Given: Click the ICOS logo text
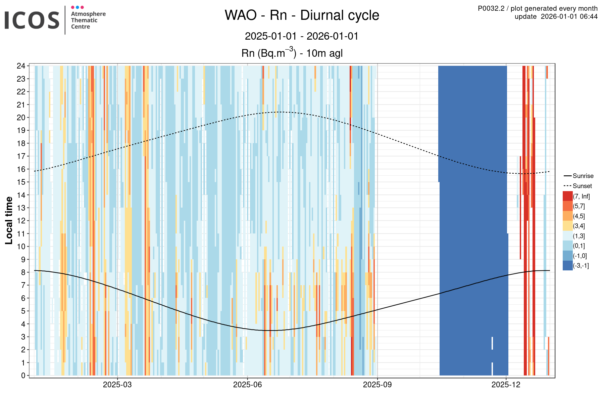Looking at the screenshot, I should (x=32, y=20).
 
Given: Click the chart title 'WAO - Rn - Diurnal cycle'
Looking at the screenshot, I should (x=302, y=15).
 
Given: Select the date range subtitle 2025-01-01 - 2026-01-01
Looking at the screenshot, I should (x=302, y=36).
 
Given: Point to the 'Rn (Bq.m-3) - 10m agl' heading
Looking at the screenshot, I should (x=292, y=53).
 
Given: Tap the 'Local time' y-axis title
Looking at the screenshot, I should (x=9, y=220).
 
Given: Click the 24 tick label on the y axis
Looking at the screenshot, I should (x=21, y=66).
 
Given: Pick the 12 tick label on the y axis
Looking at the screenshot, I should (x=21, y=221).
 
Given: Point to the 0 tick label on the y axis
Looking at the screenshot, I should (x=23, y=376).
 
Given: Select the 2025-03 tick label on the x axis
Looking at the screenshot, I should (x=117, y=385).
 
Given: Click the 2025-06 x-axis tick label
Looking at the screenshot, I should (x=247, y=385).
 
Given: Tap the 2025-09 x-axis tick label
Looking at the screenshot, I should (x=377, y=385).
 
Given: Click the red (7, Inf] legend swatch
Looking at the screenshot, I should (x=567, y=196).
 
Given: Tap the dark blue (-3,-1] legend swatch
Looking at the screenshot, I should (x=567, y=266).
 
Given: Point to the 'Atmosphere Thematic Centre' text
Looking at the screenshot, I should (x=88, y=20).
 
